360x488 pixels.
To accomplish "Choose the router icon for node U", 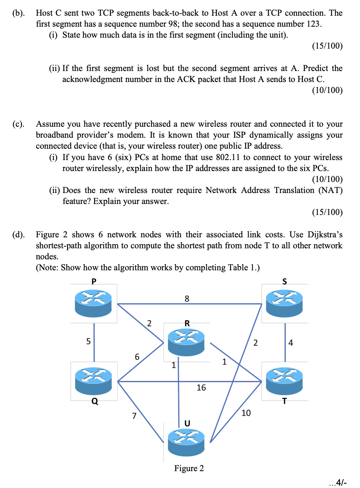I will point(187,440).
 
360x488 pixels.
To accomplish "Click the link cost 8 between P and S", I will point(187,299).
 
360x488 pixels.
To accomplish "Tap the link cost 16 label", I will point(201,388).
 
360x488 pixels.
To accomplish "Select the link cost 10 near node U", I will point(246,413).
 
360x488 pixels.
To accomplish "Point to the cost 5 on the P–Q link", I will point(88,341).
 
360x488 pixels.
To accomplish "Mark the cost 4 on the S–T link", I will point(291,342).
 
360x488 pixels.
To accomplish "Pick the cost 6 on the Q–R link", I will point(137,357).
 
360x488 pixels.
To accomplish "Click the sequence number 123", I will point(313,24).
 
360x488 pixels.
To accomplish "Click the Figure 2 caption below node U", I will point(189,468).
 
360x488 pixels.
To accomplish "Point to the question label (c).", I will point(18,124).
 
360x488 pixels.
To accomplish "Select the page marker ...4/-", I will point(340,481).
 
